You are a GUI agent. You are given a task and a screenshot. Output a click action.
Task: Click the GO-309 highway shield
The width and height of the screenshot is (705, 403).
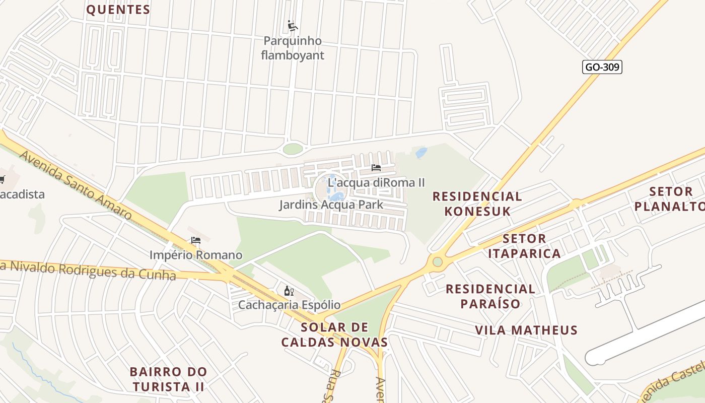coord(602,67)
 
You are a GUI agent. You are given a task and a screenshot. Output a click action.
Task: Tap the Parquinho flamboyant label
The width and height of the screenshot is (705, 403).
coord(293,48)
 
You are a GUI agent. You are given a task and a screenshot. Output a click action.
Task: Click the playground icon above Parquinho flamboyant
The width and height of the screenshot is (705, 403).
coord(292,25)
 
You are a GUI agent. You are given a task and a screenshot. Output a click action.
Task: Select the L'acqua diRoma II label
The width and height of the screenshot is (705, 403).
coord(376,182)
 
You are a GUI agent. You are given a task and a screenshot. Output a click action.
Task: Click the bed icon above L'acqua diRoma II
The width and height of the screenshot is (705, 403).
coord(376,168)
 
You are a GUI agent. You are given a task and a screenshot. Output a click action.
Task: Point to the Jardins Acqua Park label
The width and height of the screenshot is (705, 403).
coord(331,205)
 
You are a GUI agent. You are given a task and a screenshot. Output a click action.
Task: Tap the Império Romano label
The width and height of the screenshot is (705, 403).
coord(195,255)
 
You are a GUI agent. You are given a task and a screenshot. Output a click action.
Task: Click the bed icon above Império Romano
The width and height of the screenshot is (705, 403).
coord(195,240)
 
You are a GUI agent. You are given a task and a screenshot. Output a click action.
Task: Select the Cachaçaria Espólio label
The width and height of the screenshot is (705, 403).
coord(289,305)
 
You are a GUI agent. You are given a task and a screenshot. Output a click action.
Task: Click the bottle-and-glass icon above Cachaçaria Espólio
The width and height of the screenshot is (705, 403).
coord(289,291)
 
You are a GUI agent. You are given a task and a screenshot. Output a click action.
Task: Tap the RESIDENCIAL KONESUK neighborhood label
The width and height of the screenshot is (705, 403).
coord(477,204)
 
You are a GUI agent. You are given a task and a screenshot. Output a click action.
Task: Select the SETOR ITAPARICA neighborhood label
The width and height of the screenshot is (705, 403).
coord(524,246)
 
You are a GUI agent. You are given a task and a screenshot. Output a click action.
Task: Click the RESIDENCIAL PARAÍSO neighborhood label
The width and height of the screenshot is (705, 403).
coord(490,296)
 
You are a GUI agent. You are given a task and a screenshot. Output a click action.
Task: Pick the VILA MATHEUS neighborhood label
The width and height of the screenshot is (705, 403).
coord(526,330)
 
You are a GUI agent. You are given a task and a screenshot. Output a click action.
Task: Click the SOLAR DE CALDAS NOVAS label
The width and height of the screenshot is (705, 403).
coord(334,335)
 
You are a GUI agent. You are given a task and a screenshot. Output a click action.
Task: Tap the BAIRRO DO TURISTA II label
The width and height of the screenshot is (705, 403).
coord(168,379)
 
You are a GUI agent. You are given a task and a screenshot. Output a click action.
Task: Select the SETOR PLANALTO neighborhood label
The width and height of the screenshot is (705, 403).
coord(670,198)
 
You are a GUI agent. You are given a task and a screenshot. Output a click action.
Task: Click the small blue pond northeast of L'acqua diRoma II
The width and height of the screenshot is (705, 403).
coord(421,152)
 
